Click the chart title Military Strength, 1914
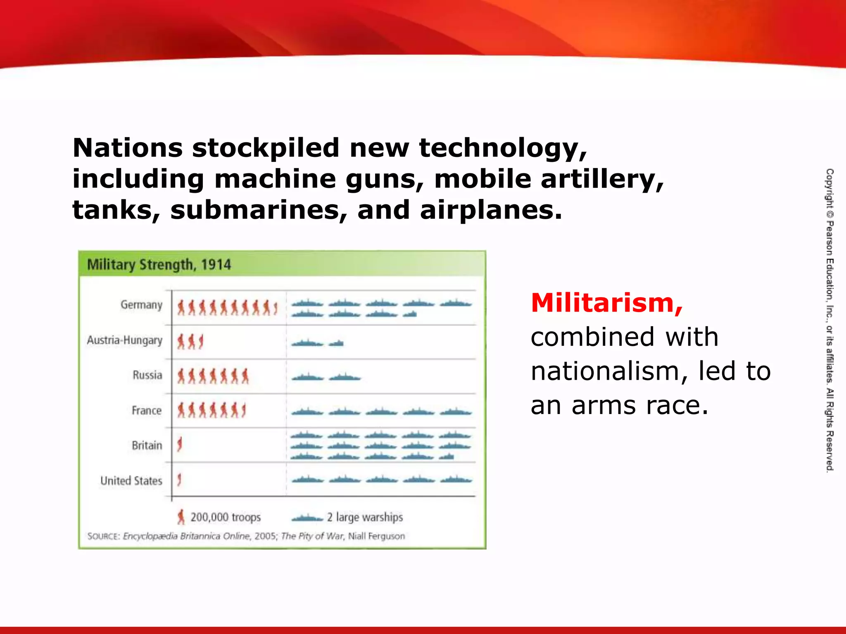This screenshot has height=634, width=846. pos(159,265)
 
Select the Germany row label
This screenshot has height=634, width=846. pos(141,305)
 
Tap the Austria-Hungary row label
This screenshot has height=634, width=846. pos(124,341)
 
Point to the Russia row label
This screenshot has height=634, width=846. pos(147,375)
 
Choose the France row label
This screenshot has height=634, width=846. pos(146,411)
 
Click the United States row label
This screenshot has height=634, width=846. pos(131,481)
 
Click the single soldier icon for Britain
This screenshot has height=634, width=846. pos(180,445)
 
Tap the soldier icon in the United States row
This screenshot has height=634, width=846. pos(179,480)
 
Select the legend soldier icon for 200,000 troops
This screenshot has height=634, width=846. pos(181,517)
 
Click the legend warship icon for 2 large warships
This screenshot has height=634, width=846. pos(307,518)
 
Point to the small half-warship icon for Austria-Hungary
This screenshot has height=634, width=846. pos(337,343)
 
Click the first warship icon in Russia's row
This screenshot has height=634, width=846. pos(307,377)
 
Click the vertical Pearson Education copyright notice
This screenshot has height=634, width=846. pos(829,320)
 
